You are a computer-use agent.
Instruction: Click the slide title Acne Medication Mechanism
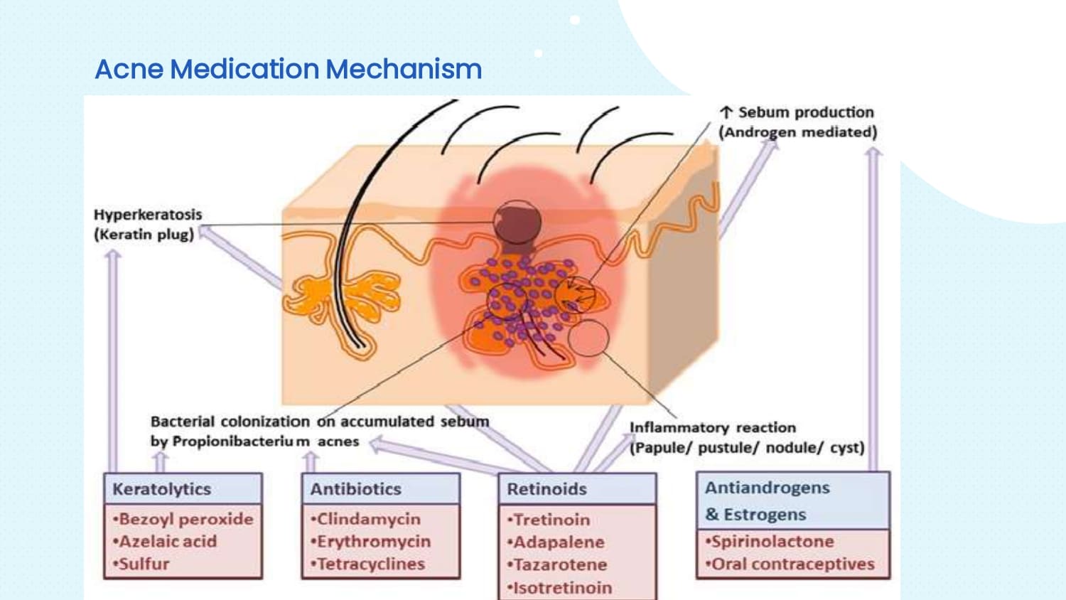point(288,69)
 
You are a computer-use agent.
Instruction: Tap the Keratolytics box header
point(162,489)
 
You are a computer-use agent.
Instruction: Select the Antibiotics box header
point(356,489)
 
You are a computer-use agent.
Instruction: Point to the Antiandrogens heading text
point(768,488)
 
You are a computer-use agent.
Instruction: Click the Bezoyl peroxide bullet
point(183,519)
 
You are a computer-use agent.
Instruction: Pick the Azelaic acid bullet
point(165,542)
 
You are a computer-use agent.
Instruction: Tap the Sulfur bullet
point(141,564)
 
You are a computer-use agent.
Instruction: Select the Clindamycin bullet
point(366,519)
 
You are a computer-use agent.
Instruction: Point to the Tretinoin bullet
point(549,520)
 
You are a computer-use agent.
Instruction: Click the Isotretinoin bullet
point(560,588)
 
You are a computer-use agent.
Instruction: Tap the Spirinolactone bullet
point(770,542)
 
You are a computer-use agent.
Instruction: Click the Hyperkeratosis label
point(148,215)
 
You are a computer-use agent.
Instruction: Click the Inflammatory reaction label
point(713,428)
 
